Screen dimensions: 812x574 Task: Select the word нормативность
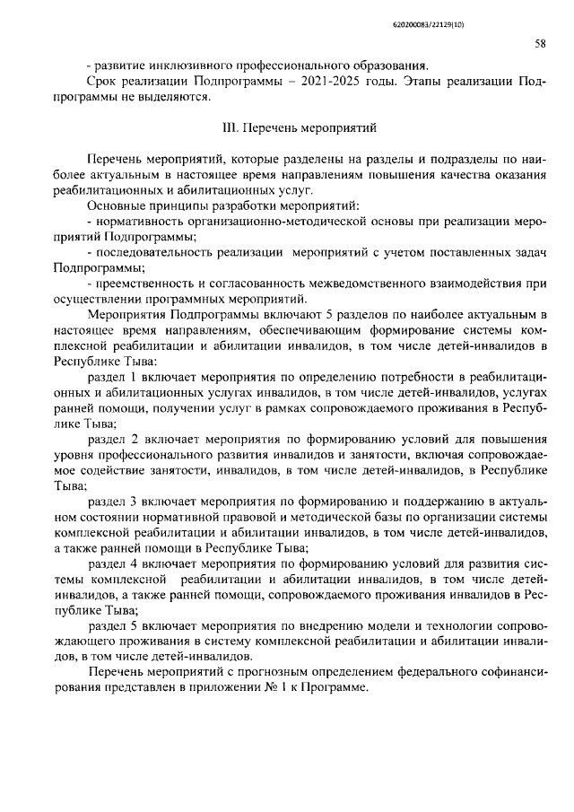click(135, 222)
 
